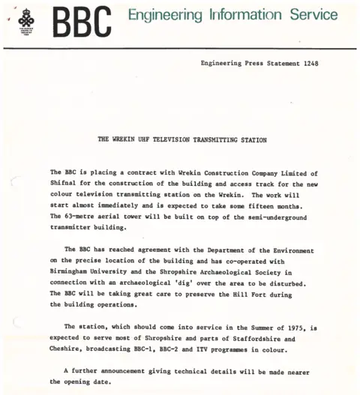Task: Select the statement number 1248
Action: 310,64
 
